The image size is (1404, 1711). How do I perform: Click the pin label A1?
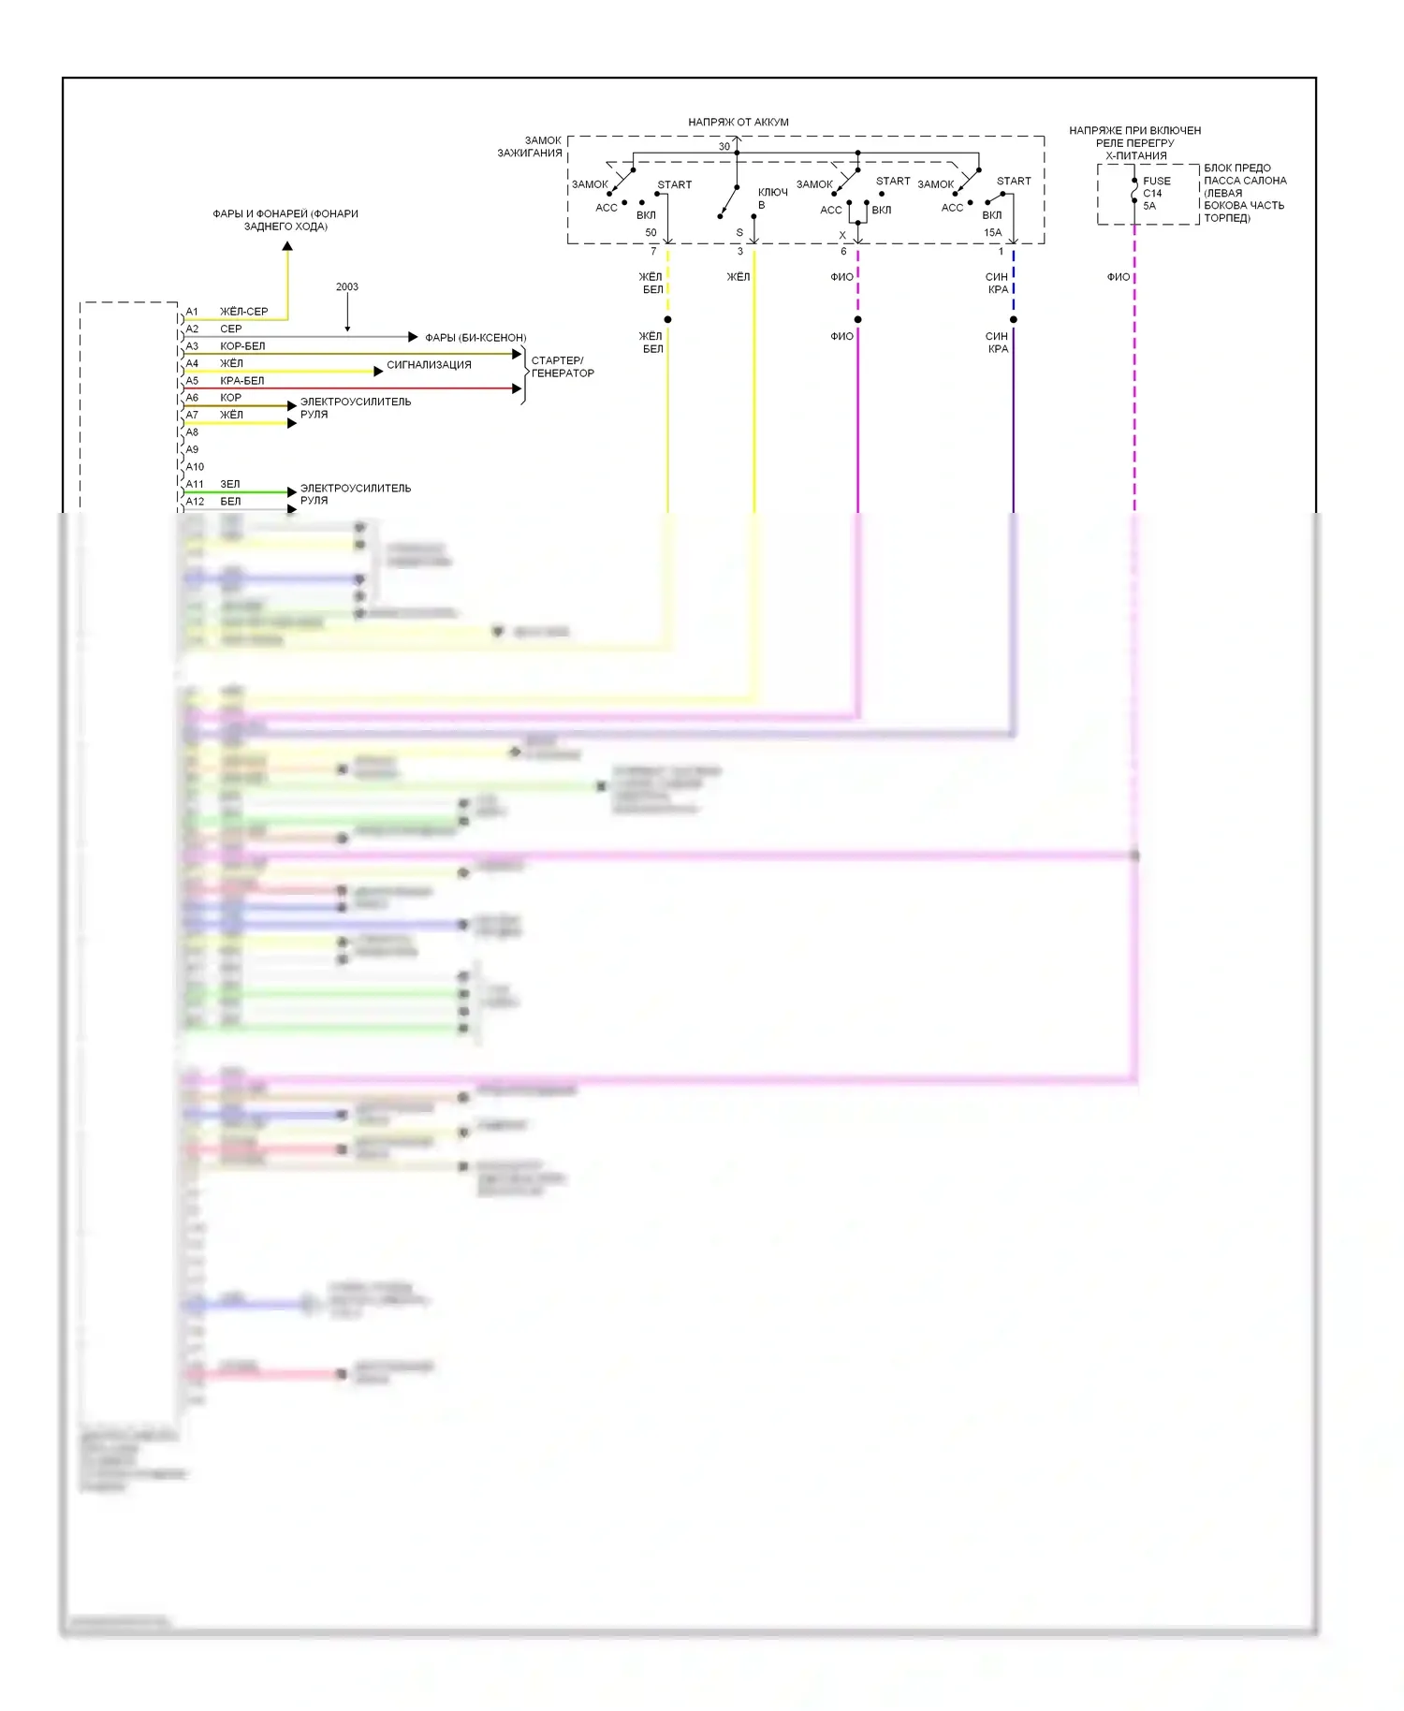point(192,312)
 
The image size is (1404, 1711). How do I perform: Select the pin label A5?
point(192,381)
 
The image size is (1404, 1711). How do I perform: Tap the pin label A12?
point(195,502)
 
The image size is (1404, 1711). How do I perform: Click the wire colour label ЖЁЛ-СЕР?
point(243,312)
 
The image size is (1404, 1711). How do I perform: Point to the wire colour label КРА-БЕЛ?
point(241,381)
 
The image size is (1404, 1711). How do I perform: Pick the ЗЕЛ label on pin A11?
point(229,485)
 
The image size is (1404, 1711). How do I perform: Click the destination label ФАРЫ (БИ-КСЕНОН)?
point(475,338)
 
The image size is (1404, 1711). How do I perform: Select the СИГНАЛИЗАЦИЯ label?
point(429,365)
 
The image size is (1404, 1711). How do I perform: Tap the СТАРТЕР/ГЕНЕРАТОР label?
point(563,367)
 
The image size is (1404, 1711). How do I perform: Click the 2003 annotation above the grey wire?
point(346,287)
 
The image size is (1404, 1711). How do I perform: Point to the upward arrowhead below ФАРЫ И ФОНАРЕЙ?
point(287,246)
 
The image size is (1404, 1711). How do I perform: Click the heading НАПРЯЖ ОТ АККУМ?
point(739,123)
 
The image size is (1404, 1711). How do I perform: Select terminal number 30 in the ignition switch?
point(724,147)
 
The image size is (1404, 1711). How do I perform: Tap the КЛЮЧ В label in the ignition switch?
point(772,198)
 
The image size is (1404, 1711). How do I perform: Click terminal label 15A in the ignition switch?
point(992,233)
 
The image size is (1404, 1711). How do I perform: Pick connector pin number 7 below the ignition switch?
point(653,252)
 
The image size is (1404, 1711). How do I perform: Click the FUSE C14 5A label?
point(1156,194)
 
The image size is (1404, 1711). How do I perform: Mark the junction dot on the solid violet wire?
point(857,320)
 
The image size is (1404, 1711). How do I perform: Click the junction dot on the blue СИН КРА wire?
point(1013,320)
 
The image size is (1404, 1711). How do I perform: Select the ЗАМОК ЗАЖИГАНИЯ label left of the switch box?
point(530,147)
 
